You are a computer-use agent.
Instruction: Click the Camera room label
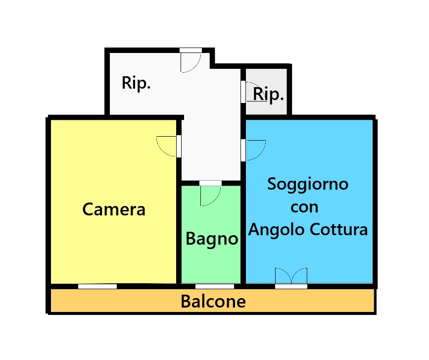click(x=114, y=209)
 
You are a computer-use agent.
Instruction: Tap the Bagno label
click(x=212, y=239)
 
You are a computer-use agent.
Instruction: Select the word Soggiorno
click(x=308, y=184)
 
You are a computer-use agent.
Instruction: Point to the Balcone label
click(x=213, y=301)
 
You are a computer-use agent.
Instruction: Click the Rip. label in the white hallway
click(x=136, y=83)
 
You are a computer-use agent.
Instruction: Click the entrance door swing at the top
click(x=190, y=61)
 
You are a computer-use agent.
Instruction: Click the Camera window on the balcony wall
click(x=97, y=286)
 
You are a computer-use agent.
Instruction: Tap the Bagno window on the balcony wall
click(x=215, y=286)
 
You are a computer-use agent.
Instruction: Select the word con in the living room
click(x=304, y=207)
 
